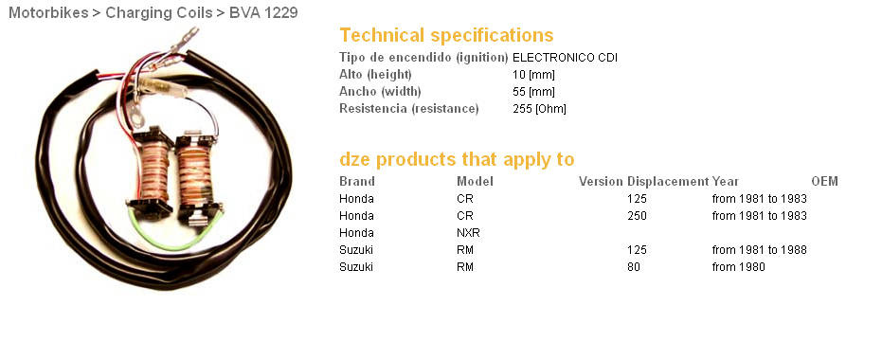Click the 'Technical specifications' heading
click(446, 35)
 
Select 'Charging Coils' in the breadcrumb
click(159, 12)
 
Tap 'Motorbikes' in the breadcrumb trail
click(48, 12)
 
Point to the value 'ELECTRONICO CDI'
click(565, 58)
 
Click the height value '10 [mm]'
click(533, 74)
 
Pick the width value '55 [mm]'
click(533, 91)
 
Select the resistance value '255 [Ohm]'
click(539, 109)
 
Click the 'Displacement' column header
click(668, 181)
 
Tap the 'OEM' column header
click(824, 181)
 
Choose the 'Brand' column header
click(356, 181)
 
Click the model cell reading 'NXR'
click(468, 232)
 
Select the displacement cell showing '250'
click(637, 215)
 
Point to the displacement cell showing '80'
click(634, 266)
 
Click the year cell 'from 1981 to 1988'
click(760, 250)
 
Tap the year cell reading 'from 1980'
click(739, 266)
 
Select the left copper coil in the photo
click(153, 171)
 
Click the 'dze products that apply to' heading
click(457, 160)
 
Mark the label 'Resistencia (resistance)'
click(409, 109)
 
